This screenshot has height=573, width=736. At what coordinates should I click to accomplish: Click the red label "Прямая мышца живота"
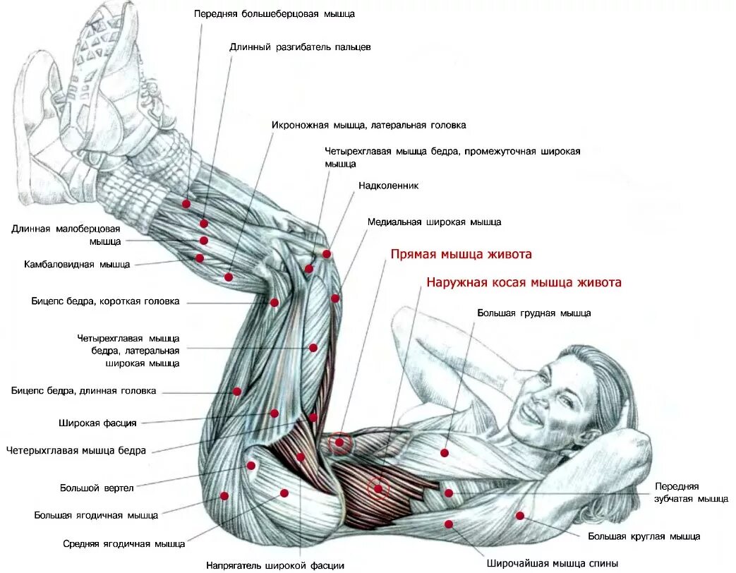[461, 254]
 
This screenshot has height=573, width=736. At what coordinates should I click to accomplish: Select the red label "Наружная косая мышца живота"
[524, 282]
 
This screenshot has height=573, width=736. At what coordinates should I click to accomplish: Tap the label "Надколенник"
[389, 186]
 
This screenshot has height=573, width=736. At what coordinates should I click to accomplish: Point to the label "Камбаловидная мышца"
[77, 265]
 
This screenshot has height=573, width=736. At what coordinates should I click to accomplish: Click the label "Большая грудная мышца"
[533, 313]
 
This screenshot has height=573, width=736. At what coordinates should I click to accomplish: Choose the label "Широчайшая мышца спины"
[553, 563]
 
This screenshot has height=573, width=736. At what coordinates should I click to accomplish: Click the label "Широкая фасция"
[97, 423]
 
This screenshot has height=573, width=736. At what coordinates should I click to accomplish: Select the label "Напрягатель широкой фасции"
[275, 565]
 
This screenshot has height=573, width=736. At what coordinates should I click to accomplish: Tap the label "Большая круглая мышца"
[644, 536]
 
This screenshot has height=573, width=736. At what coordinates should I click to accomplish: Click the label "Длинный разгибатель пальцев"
[300, 47]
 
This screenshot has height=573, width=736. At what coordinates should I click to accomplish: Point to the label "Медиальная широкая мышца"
[434, 222]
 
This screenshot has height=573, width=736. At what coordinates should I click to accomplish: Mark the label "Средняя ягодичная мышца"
[123, 543]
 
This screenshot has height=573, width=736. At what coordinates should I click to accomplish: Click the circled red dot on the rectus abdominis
[340, 442]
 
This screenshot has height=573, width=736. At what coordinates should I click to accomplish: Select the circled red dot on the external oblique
[378, 488]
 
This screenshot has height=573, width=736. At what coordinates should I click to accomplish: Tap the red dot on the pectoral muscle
[445, 452]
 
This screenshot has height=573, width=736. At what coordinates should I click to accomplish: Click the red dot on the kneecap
[327, 253]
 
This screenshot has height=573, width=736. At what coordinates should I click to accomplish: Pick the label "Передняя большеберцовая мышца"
[275, 13]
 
